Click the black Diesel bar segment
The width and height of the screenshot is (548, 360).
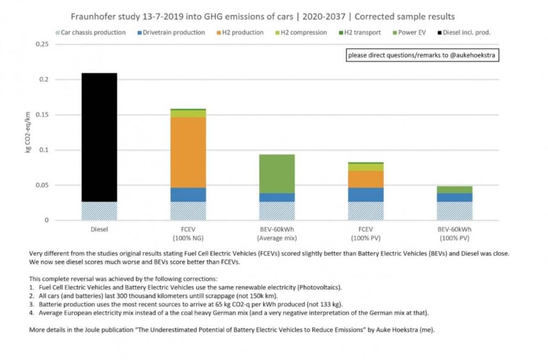(x=99, y=137)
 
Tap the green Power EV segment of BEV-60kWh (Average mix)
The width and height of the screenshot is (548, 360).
(x=277, y=173)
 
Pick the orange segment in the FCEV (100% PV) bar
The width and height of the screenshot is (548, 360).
(x=366, y=179)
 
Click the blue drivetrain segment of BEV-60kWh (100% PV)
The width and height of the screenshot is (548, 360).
(x=454, y=197)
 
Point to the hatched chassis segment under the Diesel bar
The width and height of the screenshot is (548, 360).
(x=99, y=211)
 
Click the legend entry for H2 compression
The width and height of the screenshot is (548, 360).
(x=301, y=33)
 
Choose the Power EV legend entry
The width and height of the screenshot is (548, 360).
(x=410, y=33)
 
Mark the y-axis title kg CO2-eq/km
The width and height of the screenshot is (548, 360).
(x=27, y=132)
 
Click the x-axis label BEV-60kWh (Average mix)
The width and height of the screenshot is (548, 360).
(x=277, y=233)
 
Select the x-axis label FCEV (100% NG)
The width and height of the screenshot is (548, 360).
(x=188, y=233)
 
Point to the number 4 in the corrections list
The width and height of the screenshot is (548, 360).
(x=31, y=313)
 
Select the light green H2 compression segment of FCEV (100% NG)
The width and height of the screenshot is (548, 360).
(x=188, y=113)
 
